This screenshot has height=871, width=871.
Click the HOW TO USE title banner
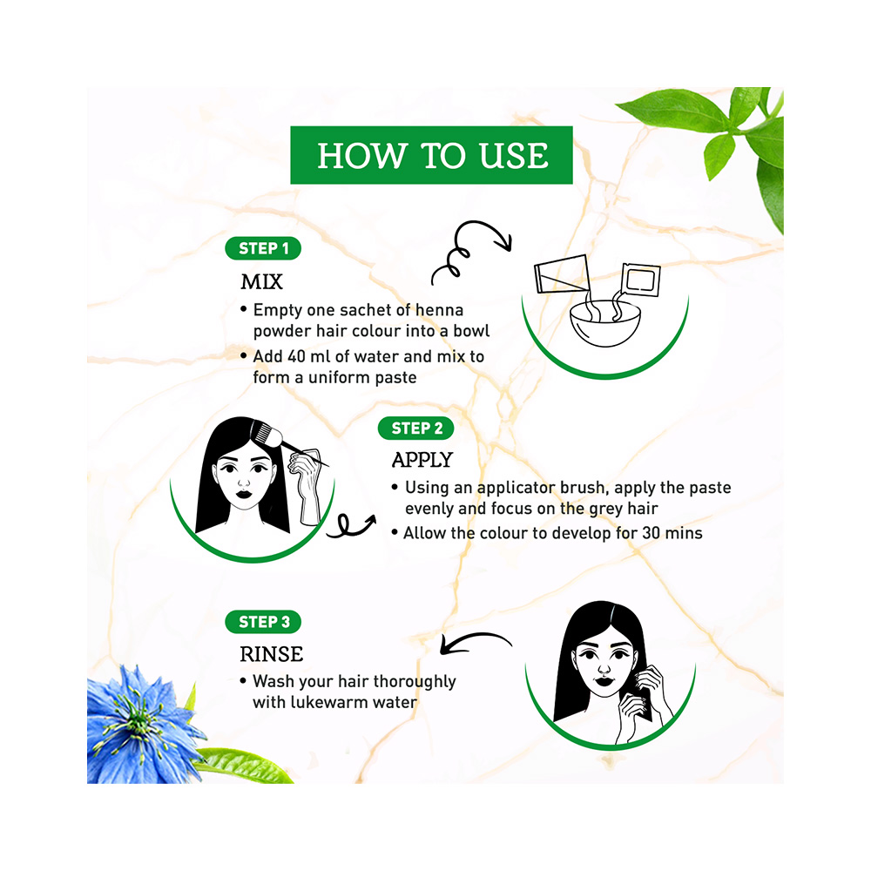(x=431, y=155)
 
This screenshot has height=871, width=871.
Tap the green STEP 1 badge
(x=263, y=248)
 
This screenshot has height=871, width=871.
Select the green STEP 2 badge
(x=415, y=428)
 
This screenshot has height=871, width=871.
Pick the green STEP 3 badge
(x=263, y=622)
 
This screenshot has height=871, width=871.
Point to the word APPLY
(x=422, y=460)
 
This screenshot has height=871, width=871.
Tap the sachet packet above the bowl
(x=641, y=280)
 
